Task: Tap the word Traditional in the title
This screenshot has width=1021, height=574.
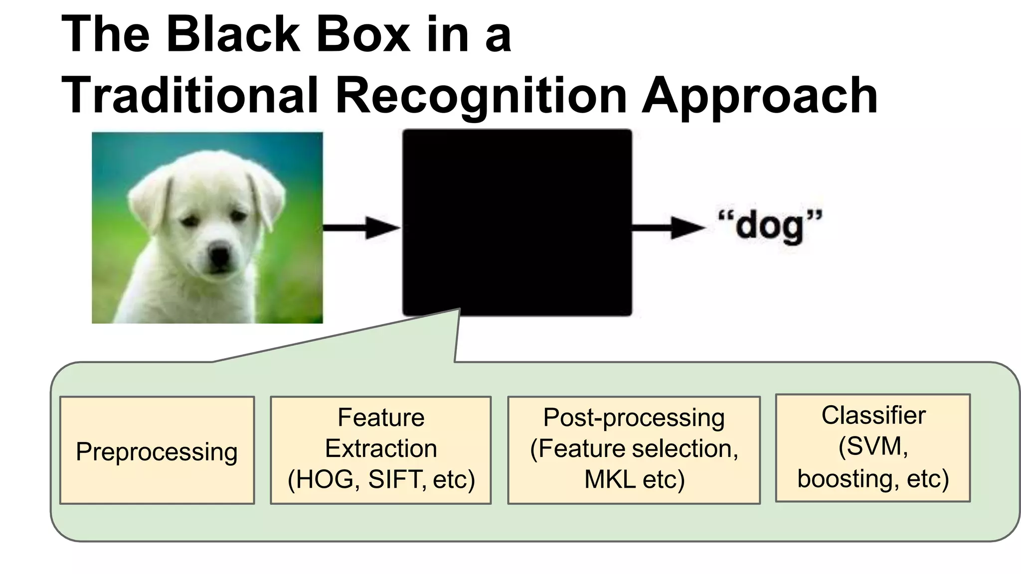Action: click(189, 95)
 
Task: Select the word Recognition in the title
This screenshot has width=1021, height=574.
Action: click(481, 95)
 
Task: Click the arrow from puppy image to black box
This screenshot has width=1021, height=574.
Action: click(361, 228)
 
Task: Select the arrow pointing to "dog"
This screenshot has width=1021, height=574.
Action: click(668, 228)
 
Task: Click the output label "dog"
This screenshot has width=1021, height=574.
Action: click(770, 227)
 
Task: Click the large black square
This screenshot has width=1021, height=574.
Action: click(517, 222)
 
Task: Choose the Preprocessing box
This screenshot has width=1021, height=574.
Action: click(157, 451)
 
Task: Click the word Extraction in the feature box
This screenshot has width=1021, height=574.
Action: click(381, 448)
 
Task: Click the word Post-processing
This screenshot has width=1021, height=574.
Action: click(634, 418)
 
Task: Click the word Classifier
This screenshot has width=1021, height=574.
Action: click(873, 415)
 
